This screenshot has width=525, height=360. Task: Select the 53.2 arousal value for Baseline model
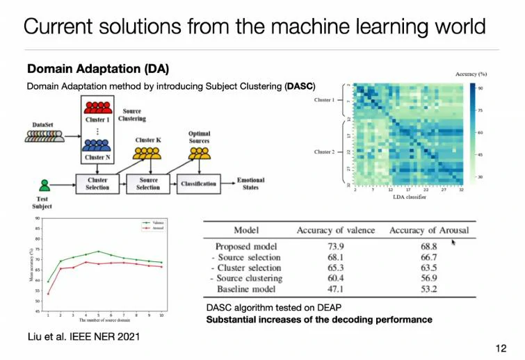tap(429, 288)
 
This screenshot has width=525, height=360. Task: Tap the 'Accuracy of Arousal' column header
tap(429, 230)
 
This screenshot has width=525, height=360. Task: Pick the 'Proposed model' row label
tap(247, 247)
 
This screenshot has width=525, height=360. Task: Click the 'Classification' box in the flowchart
tap(198, 184)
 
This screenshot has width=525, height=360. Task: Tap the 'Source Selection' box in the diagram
tap(148, 184)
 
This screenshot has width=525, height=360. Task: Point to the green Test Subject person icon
tap(45, 186)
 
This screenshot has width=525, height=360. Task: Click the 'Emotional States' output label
tap(250, 184)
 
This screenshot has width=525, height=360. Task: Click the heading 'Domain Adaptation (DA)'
tap(97, 69)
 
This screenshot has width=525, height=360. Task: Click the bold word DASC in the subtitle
tap(300, 86)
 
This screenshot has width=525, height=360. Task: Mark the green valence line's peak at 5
tap(99, 252)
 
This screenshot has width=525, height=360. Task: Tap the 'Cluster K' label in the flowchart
tap(149, 141)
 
